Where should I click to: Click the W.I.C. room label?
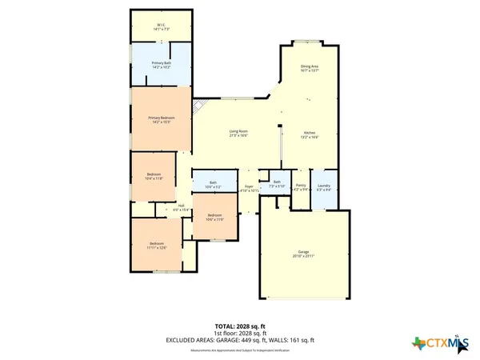click(x=161, y=26)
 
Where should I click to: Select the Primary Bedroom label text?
click(x=161, y=120)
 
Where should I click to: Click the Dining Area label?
click(x=310, y=69)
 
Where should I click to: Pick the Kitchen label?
click(x=310, y=135)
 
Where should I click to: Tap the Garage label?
click(x=303, y=254)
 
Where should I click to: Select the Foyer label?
click(x=249, y=188)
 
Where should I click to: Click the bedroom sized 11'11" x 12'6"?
click(x=158, y=245)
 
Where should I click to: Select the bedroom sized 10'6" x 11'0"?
click(x=214, y=218)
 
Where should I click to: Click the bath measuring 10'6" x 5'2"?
click(x=213, y=185)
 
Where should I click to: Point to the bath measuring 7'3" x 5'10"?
click(x=277, y=184)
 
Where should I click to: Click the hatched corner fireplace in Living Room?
click(x=199, y=108)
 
